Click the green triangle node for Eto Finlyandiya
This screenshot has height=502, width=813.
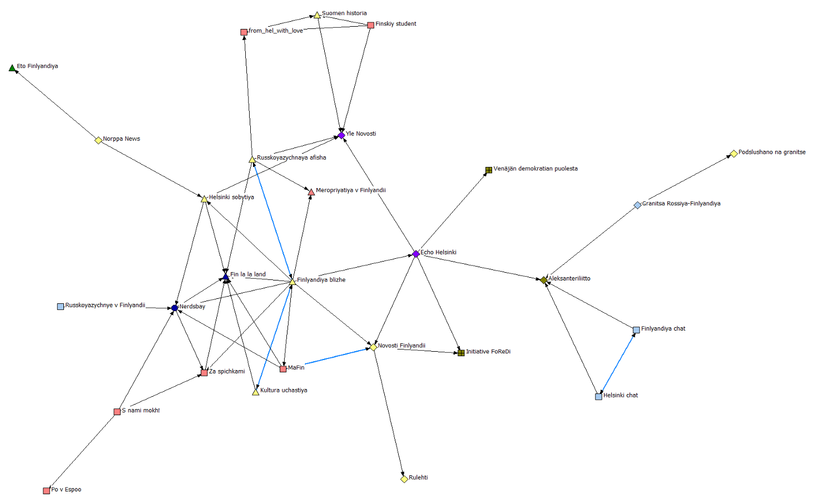click(12, 68)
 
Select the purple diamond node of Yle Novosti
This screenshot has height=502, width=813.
click(341, 135)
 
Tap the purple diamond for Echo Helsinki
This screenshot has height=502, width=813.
click(416, 254)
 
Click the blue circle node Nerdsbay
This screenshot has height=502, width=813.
click(175, 308)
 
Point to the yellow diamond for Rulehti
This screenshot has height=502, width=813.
click(404, 479)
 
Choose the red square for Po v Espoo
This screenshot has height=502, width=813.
click(47, 491)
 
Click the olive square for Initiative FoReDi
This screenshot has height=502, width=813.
click(461, 353)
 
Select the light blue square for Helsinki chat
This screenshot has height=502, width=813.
click(599, 397)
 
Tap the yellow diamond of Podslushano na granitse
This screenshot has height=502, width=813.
click(734, 154)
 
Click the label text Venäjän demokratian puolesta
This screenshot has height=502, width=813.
click(536, 169)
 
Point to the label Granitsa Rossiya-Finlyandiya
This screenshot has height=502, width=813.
click(681, 204)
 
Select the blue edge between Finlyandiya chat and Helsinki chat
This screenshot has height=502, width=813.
click(617, 363)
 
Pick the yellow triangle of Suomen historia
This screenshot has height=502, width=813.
click(317, 15)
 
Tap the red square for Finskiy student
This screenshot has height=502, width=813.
click(371, 25)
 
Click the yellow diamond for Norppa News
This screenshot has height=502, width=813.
click(98, 140)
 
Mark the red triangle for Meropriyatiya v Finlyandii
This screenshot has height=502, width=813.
click(311, 192)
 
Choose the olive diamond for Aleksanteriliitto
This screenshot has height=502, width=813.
click(544, 280)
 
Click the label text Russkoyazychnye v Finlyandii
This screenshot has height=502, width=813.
click(105, 306)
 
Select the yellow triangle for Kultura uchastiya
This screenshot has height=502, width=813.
click(256, 392)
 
